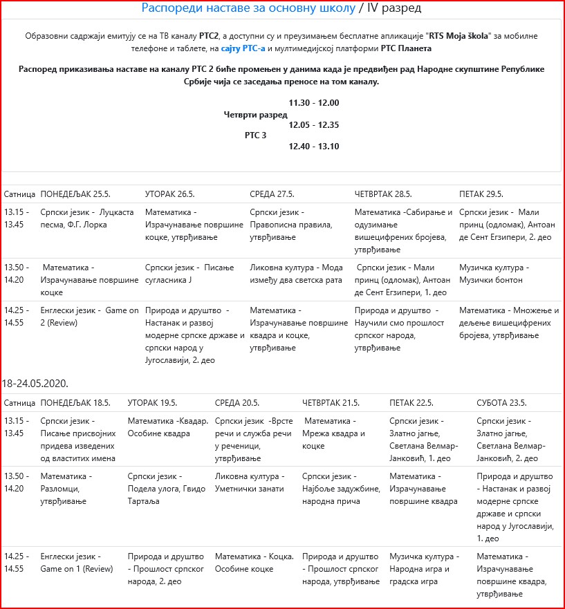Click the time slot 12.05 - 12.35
(x=313, y=124)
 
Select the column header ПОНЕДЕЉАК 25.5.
(x=77, y=194)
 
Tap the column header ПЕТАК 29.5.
(x=481, y=194)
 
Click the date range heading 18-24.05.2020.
(x=35, y=382)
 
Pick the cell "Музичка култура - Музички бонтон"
(x=494, y=274)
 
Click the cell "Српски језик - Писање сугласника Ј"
(x=189, y=274)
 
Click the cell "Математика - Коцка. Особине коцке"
(x=254, y=563)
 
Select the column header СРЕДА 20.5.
(x=237, y=403)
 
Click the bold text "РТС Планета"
(x=407, y=48)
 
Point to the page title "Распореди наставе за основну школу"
(x=248, y=8)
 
